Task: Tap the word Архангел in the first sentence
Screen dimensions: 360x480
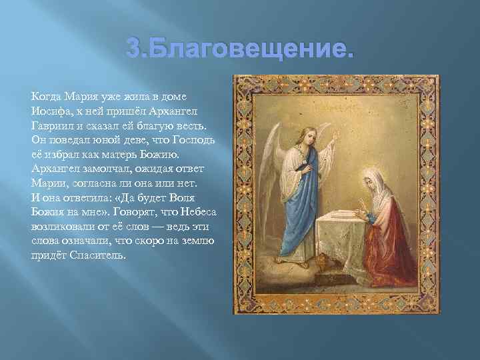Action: pyautogui.click(x=191, y=111)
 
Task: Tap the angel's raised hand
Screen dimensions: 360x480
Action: pyautogui.click(x=328, y=127)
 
